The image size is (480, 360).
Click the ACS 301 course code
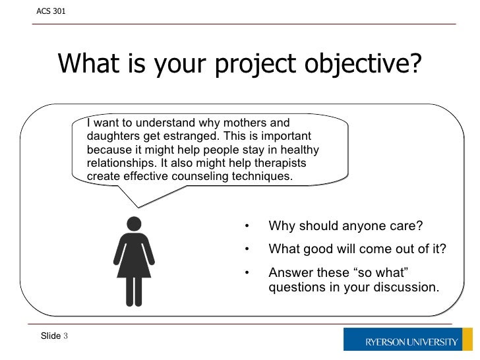[x=51, y=11]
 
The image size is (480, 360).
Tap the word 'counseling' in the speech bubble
[x=196, y=176]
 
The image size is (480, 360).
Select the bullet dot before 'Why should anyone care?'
[x=246, y=227]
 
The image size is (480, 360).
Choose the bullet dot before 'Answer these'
[x=246, y=272]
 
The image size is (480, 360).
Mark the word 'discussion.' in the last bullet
[x=407, y=287]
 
